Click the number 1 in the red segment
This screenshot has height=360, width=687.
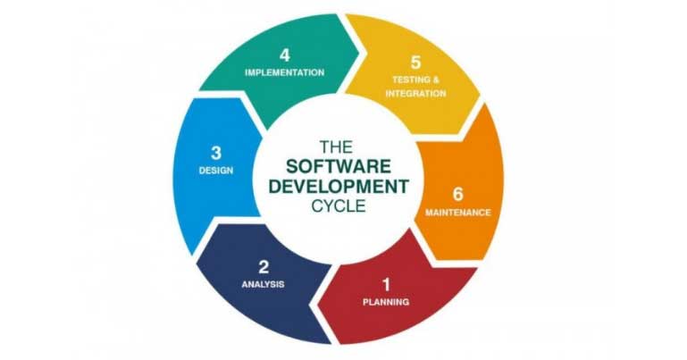(x=386, y=285)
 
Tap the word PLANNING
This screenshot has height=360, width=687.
(x=386, y=302)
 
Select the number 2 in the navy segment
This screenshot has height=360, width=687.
(x=264, y=266)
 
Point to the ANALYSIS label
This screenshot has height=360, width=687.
(x=263, y=284)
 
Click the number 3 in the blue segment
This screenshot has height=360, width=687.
(x=216, y=152)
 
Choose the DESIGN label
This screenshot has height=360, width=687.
(x=216, y=170)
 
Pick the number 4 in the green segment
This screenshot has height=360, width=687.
(x=284, y=54)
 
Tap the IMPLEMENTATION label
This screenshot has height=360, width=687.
(x=284, y=72)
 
